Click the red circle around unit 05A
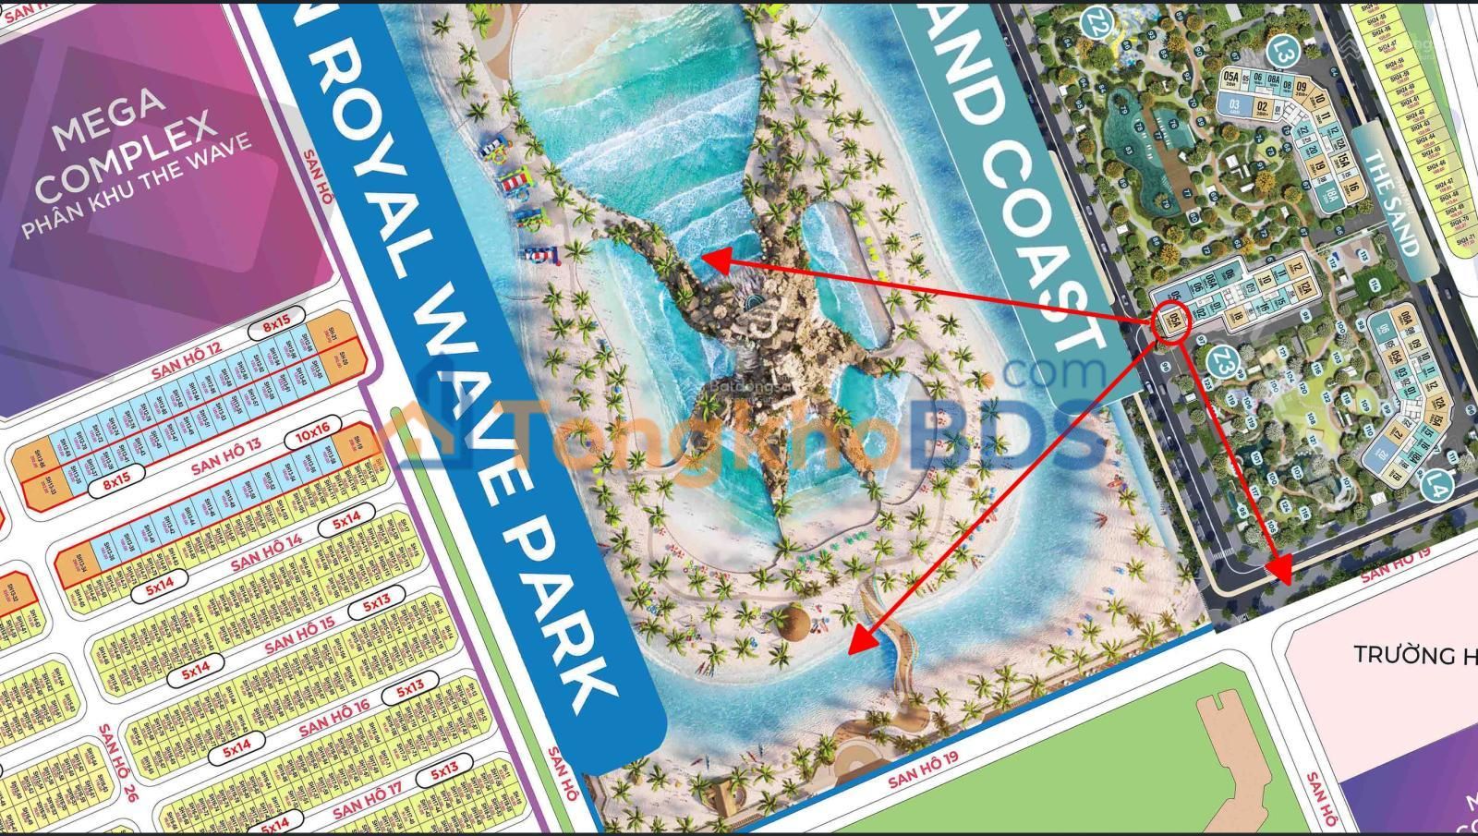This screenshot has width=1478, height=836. point(1170,323)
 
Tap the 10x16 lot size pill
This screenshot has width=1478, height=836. point(313,431)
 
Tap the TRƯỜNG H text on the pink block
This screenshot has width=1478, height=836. point(1414,655)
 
